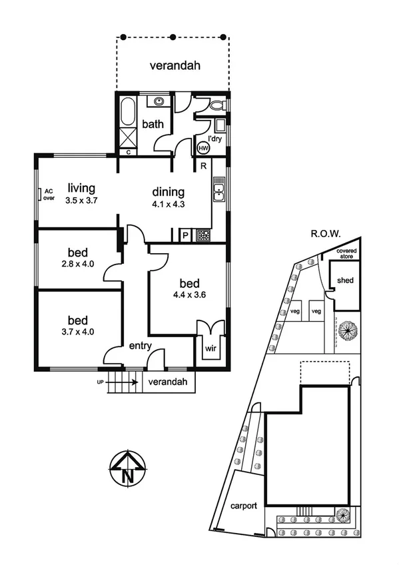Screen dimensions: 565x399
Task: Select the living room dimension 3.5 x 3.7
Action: (82, 200)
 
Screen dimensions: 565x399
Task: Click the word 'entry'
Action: (141, 345)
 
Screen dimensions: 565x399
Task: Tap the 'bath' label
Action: (153, 123)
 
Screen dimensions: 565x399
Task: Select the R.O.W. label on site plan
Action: (325, 235)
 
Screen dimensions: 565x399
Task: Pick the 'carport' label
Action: (244, 506)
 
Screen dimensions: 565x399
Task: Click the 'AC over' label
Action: (49, 194)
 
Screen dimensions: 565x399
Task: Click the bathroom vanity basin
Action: (159, 102)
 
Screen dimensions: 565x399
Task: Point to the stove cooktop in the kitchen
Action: (203, 235)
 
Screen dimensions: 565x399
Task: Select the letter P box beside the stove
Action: (185, 235)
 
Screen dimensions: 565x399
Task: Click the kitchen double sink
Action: (218, 193)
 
